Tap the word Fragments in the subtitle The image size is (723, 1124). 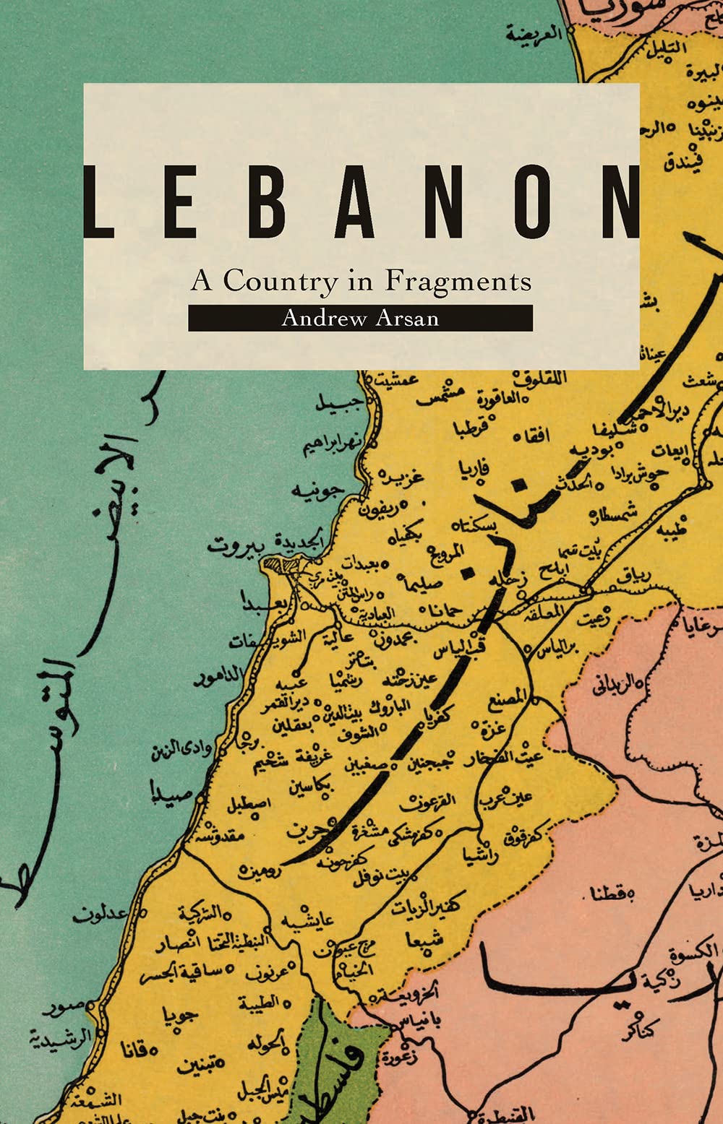pyautogui.click(x=458, y=280)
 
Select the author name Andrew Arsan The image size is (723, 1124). pyautogui.click(x=360, y=318)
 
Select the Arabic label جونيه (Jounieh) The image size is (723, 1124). pyautogui.click(x=315, y=491)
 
